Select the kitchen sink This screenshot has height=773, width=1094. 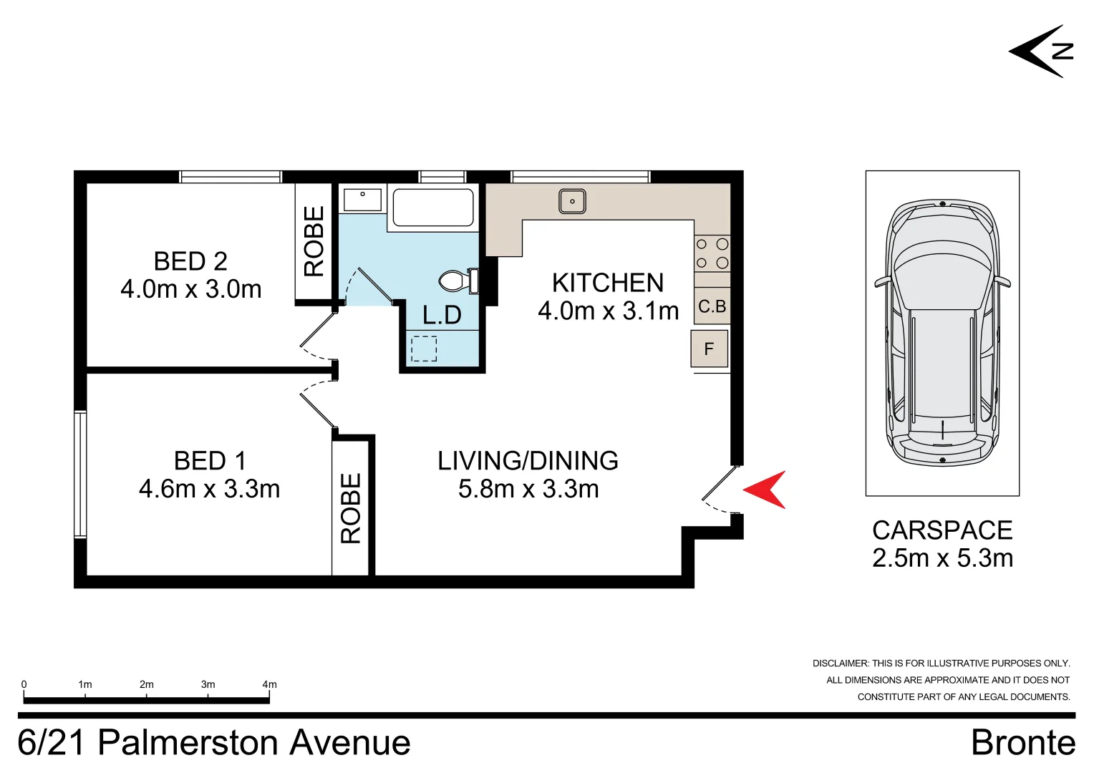(572, 201)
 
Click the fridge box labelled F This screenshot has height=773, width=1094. (710, 349)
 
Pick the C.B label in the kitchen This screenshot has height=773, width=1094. (712, 306)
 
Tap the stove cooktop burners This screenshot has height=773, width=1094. (712, 254)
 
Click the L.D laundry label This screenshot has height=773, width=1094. (442, 315)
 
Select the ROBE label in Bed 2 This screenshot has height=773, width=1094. (314, 241)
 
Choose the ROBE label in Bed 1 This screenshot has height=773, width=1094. (351, 508)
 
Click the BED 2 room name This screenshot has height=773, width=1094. (190, 261)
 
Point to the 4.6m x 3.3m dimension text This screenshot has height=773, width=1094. (209, 489)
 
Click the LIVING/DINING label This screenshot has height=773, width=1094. (528, 461)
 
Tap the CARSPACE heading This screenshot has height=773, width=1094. (942, 530)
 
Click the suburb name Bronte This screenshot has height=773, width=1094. (1022, 743)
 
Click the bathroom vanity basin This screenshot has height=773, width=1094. (362, 199)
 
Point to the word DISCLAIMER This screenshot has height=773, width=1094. (840, 663)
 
